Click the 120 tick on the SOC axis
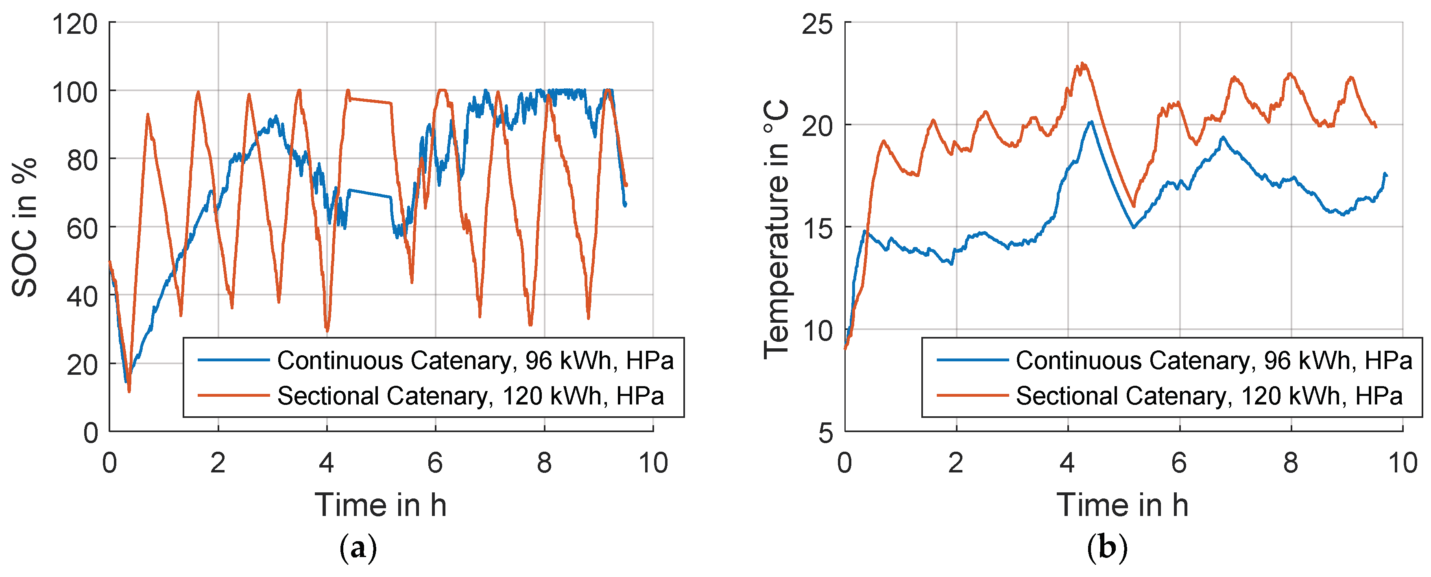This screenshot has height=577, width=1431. pyautogui.click(x=74, y=24)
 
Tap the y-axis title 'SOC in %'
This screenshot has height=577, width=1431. pyautogui.click(x=24, y=227)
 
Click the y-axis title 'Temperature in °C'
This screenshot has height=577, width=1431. pyautogui.click(x=776, y=228)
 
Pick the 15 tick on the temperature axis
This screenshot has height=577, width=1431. pyautogui.click(x=818, y=228)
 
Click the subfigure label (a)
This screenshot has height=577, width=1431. pyautogui.click(x=358, y=548)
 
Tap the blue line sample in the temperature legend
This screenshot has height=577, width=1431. pyautogui.click(x=972, y=360)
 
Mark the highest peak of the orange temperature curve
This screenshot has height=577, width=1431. pyautogui.click(x=1082, y=63)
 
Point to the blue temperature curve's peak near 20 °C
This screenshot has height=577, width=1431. pyautogui.click(x=1091, y=121)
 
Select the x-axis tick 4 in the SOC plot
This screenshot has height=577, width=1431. pyautogui.click(x=327, y=463)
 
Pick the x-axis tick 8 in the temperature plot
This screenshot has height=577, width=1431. pyautogui.click(x=1290, y=463)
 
